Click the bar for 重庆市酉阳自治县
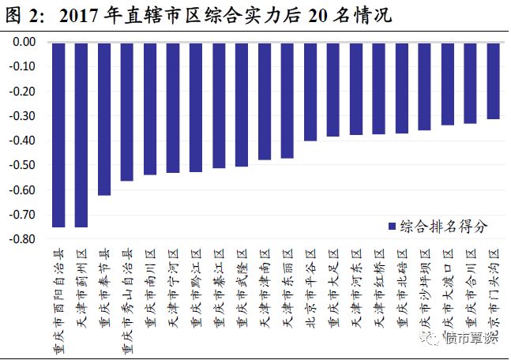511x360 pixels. (x=58, y=134)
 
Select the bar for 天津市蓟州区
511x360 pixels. (x=81, y=134)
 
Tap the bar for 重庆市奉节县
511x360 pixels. (x=103, y=118)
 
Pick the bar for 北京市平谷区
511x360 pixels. (x=310, y=92)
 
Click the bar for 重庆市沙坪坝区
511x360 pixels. (x=424, y=86)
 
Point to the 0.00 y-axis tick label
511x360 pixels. (x=23, y=42)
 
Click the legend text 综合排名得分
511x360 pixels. (x=443, y=226)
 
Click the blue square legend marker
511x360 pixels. (x=391, y=227)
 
